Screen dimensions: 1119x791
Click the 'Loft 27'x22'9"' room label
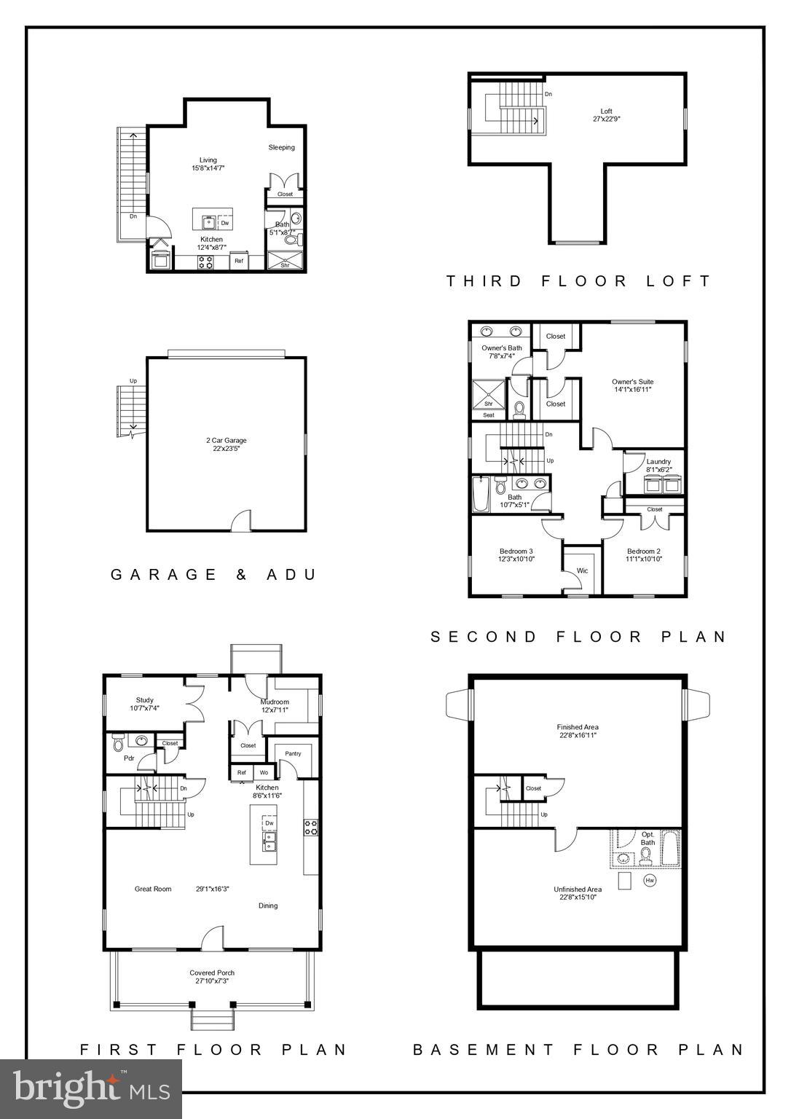pos(606,115)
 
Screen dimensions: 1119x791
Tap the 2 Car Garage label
pos(226,444)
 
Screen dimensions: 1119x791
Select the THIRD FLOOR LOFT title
pos(578,281)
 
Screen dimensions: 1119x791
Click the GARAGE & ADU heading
pos(214,575)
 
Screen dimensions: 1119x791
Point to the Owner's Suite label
pos(632,385)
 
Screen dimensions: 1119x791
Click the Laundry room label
pos(658,466)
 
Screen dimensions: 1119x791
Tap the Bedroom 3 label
pos(516,555)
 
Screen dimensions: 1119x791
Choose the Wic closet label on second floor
pos(582,570)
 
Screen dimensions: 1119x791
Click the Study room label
pos(144,704)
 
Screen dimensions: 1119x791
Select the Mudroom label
pos(275,705)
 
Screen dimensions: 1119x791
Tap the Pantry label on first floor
pos(293,754)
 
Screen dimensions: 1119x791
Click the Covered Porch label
pos(212,976)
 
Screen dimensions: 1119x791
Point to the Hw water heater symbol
pos(650,880)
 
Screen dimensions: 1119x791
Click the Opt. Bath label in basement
pos(648,839)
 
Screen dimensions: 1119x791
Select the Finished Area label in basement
pos(578,731)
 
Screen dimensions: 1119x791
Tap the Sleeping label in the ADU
pos(281,148)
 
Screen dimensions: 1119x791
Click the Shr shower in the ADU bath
pos(285,265)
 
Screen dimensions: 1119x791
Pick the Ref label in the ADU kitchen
pos(239,261)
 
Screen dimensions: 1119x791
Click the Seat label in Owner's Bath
pos(489,415)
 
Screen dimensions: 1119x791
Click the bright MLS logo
pos(91,1088)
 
